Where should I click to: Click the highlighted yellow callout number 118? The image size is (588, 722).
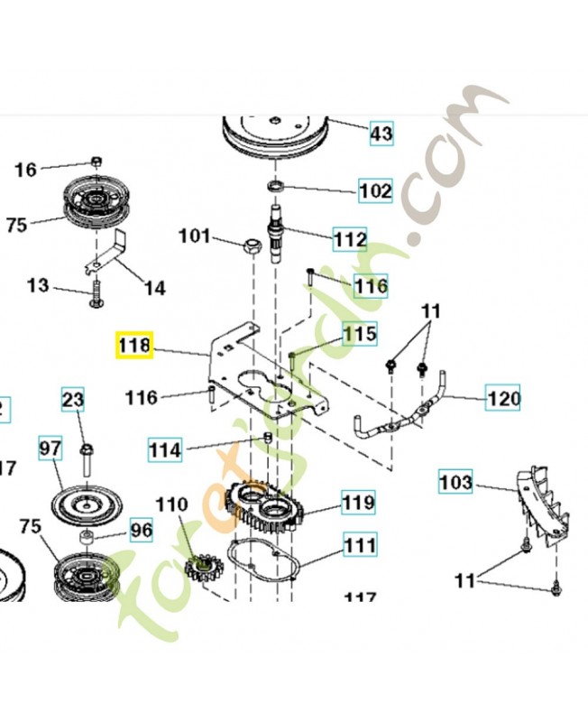pyautogui.click(x=134, y=346)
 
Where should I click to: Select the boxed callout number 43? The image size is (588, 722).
pyautogui.click(x=381, y=134)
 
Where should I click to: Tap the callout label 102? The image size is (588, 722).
pyautogui.click(x=376, y=191)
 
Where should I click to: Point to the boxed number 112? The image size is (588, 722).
pyautogui.click(x=349, y=239)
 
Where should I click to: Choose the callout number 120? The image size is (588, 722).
pyautogui.click(x=504, y=396)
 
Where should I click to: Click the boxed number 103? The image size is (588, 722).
pyautogui.click(x=455, y=483)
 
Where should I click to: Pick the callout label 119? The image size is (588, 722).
pyautogui.click(x=358, y=501)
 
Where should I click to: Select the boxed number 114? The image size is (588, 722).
pyautogui.click(x=166, y=449)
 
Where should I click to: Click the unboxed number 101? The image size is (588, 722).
pyautogui.click(x=194, y=237)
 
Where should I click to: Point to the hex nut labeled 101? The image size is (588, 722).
pyautogui.click(x=253, y=245)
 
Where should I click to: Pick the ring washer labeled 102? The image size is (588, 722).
pyautogui.click(x=275, y=185)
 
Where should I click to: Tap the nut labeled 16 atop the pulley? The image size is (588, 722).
pyautogui.click(x=98, y=162)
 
